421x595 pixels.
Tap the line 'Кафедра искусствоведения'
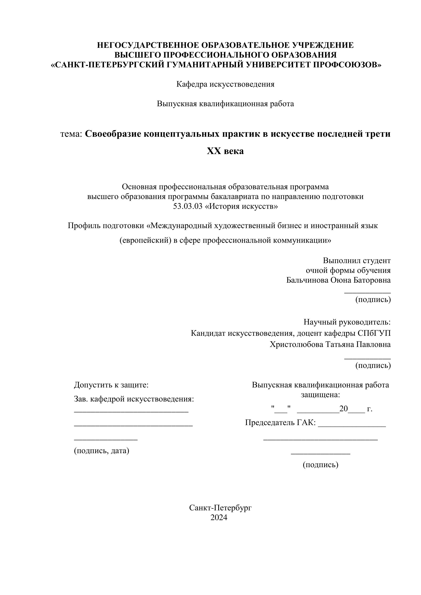pyautogui.click(x=225, y=84)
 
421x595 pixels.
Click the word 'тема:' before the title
pyautogui.click(x=71, y=134)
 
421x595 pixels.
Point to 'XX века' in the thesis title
pyautogui.click(x=225, y=151)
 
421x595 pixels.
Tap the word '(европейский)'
pyautogui.click(x=145, y=241)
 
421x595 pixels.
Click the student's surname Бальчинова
pyautogui.click(x=307, y=280)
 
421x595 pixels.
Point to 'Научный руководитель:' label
pyautogui.click(x=347, y=322)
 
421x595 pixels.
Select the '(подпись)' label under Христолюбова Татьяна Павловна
pyautogui.click(x=373, y=365)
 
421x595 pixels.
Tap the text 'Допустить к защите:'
pyautogui.click(x=111, y=385)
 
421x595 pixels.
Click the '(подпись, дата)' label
pyautogui.click(x=102, y=451)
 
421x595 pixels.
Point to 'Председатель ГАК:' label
pyautogui.click(x=280, y=423)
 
